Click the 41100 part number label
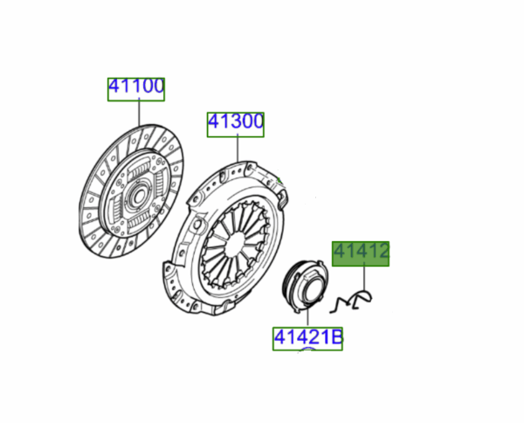[x=136, y=87]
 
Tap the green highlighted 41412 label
[x=360, y=253]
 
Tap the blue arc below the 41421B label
[x=307, y=350]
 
